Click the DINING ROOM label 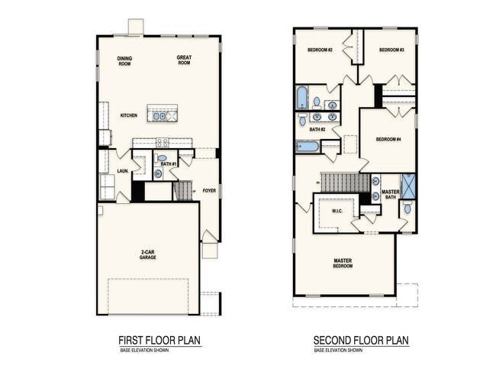[x=125, y=61]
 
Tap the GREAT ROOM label [x=183, y=60]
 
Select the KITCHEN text [x=128, y=116]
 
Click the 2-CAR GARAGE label [x=147, y=255]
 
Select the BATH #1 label [x=169, y=164]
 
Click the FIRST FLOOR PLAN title [x=159, y=341]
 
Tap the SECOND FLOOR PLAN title [x=361, y=341]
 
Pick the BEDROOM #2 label [x=320, y=50]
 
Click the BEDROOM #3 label [x=391, y=50]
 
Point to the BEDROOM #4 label [x=388, y=139]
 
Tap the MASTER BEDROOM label [x=343, y=264]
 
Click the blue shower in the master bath [x=408, y=186]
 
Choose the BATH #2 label [x=317, y=130]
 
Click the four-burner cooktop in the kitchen [x=163, y=141]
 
